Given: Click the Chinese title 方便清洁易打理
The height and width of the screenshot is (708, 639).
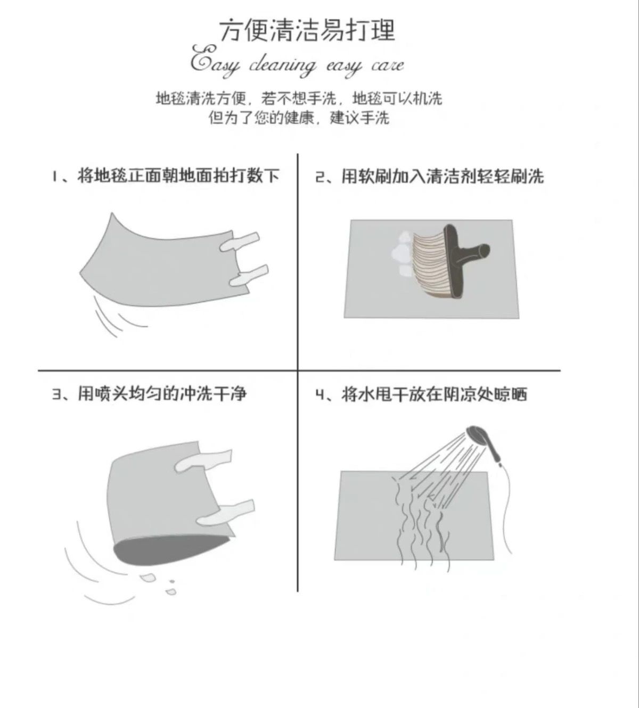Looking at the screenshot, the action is point(307,30).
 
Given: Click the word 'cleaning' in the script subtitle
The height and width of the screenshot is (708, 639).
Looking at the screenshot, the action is point(282,66).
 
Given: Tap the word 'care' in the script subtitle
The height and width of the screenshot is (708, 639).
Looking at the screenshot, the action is point(387,65).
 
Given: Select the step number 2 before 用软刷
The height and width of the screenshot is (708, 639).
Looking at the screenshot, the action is point(320,177).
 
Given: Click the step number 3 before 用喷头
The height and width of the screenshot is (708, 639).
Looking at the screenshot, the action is point(56,394).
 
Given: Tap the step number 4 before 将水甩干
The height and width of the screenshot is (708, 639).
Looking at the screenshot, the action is point(320,394).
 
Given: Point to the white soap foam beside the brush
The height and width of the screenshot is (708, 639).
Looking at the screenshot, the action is point(401,253).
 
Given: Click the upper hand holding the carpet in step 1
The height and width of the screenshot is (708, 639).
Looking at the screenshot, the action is point(240,241).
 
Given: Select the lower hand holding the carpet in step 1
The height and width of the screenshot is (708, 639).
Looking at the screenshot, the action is point(249,275).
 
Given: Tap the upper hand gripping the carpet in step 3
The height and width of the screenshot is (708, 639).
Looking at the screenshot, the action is point(203,460).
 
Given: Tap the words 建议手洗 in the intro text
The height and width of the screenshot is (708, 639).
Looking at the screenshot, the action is point(359,118).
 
